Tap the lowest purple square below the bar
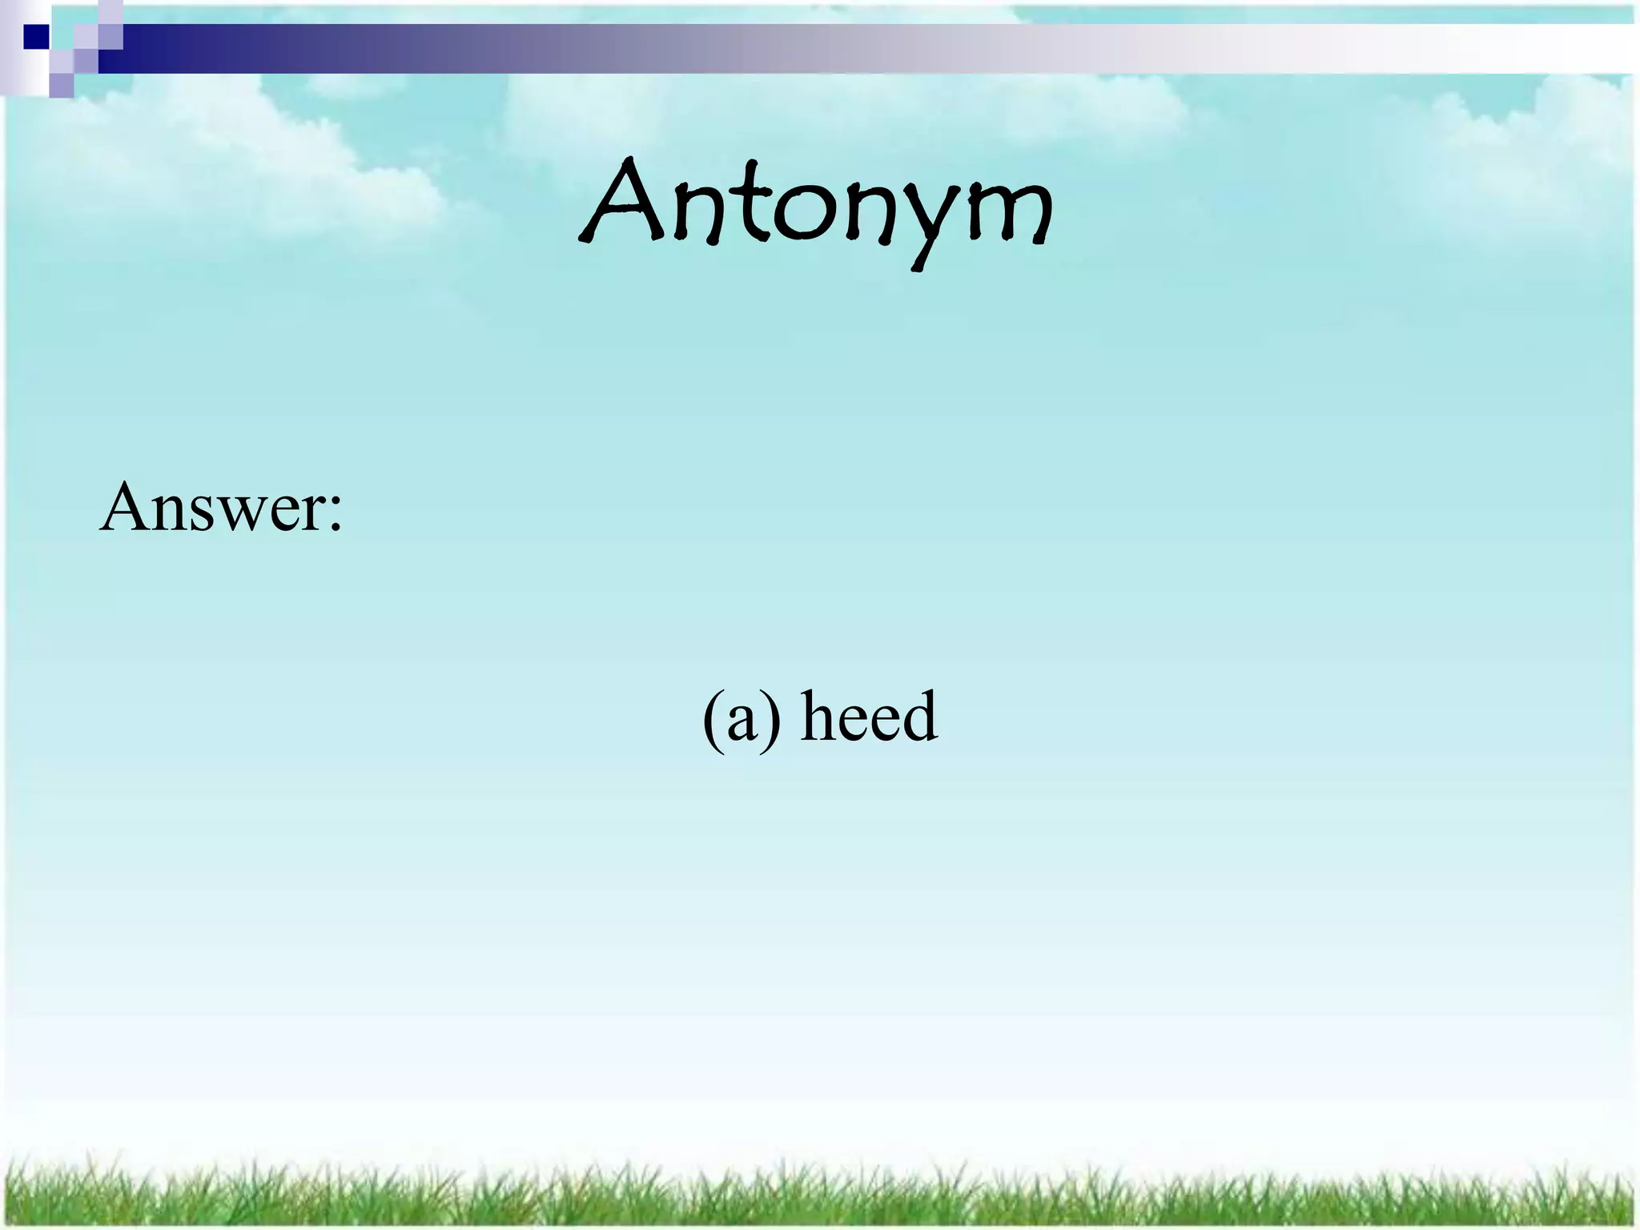61,85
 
